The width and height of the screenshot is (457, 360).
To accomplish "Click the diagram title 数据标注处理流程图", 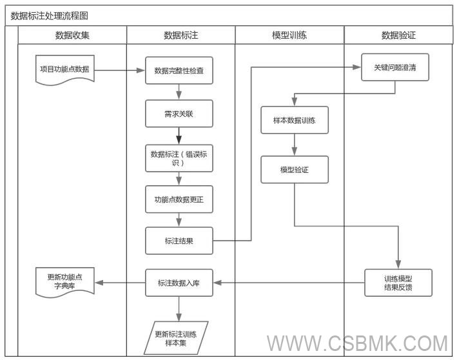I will tap(54, 15).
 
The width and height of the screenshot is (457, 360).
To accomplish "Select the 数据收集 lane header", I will tap(72, 35).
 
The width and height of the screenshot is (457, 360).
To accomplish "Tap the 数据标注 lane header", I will tap(180, 35).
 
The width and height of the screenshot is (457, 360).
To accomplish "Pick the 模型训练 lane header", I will tap(289, 35).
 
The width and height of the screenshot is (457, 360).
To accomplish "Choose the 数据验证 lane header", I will tap(398, 35).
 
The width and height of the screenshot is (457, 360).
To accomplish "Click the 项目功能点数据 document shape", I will tap(64, 69).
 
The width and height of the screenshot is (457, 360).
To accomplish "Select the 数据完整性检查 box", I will tap(179, 70).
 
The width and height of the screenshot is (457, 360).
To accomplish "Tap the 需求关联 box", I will tap(179, 114).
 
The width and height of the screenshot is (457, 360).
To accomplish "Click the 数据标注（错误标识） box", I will tap(179, 158).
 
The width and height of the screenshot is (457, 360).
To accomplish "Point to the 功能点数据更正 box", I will tap(179, 199).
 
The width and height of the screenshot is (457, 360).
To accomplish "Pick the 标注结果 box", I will tap(179, 241).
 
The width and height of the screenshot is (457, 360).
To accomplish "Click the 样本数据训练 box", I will tap(295, 120).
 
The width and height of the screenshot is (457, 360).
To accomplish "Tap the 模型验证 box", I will tap(295, 170).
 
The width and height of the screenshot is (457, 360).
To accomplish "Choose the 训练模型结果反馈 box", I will tap(398, 283).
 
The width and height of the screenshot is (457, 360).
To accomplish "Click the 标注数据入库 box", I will tap(179, 283).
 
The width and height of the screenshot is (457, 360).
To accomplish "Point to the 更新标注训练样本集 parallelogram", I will tap(176, 338).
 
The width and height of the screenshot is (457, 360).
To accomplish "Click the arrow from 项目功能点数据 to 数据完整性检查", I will tap(120, 70).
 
